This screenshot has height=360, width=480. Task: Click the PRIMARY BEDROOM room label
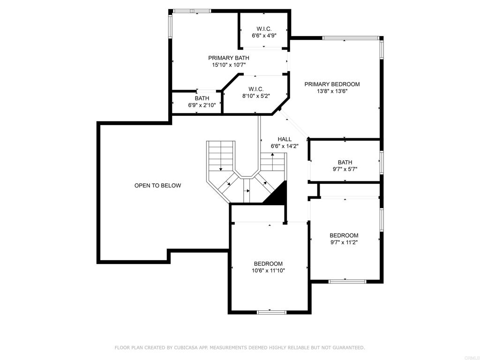(332, 84)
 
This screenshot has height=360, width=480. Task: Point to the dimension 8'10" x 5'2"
(256, 96)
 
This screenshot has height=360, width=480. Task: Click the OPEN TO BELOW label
(157, 186)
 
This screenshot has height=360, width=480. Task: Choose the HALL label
(285, 139)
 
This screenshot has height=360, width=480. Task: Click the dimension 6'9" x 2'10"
(202, 105)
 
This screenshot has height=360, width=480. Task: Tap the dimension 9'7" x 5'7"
(345, 170)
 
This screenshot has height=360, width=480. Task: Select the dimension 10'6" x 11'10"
(269, 270)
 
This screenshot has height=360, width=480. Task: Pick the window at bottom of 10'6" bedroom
(271, 312)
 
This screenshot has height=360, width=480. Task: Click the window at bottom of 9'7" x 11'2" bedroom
(347, 281)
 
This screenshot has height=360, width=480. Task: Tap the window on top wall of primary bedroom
(350, 37)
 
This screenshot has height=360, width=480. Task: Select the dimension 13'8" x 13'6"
(332, 91)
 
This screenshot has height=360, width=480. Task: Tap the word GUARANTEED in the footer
(348, 347)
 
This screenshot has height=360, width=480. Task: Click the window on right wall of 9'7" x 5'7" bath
(382, 162)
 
